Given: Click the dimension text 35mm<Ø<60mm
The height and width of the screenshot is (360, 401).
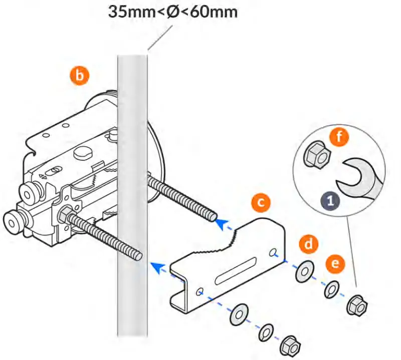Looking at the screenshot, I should (173, 12).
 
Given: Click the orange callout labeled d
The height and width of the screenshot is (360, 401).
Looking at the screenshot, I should (309, 245).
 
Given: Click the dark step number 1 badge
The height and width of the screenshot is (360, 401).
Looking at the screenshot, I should (329, 201).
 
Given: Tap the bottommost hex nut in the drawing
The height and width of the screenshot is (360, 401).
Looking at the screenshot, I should (291, 345).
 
